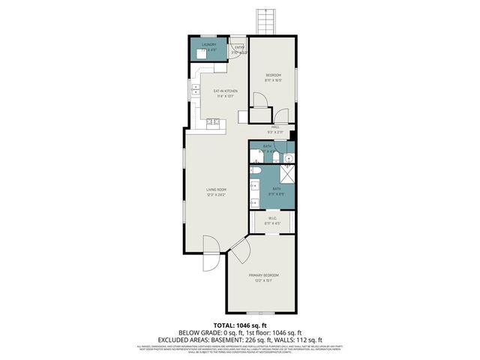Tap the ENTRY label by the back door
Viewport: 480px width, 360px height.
point(238,49)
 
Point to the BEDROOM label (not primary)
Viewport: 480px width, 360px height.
point(273,75)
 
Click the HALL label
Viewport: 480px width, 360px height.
point(275,127)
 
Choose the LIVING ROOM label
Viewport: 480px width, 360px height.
point(216,189)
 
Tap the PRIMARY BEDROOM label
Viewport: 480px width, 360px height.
point(263,275)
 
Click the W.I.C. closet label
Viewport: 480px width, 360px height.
point(271,218)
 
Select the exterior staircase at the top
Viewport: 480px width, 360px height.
point(264,19)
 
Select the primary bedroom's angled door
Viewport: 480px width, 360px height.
point(241,251)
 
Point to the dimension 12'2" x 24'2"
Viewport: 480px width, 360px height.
point(216,194)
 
